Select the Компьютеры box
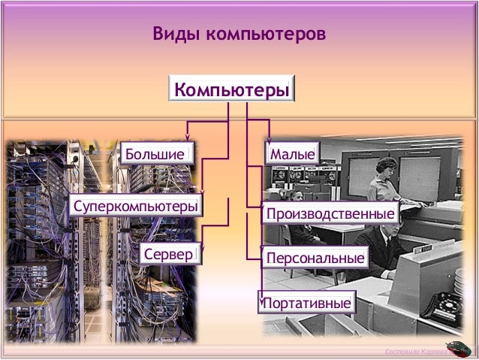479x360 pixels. tap(231, 89)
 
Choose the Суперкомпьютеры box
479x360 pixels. tap(136, 205)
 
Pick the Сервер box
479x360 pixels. tap(168, 254)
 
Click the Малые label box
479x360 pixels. tap(293, 154)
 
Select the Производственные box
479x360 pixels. tap(330, 214)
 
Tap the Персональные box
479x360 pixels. tap(315, 259)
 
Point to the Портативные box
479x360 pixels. tap(306, 304)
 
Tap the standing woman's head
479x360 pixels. tap(385, 166)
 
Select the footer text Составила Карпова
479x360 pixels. tap(414, 352)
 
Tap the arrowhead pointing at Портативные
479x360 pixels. tap(261, 298)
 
